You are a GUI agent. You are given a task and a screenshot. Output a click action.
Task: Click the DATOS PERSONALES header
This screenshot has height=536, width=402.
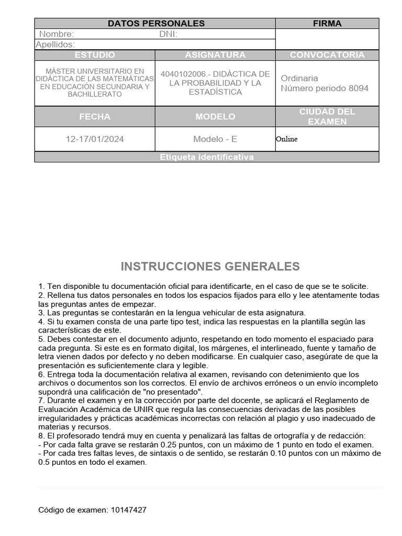click(x=156, y=24)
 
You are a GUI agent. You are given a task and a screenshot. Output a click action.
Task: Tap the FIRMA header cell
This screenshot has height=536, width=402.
click(x=327, y=24)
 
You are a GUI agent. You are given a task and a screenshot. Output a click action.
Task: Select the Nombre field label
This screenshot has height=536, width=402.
click(x=56, y=34)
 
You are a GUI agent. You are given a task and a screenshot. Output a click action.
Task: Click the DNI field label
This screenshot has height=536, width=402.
click(x=168, y=34)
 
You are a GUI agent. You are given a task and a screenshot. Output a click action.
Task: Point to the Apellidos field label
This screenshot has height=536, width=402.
click(x=55, y=44)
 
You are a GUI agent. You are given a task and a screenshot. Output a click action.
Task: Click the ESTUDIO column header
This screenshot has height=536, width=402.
click(x=95, y=55)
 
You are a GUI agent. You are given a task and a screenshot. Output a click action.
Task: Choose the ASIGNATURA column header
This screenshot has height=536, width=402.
click(x=215, y=55)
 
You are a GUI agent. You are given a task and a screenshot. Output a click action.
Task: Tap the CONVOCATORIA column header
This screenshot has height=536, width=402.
click(x=327, y=55)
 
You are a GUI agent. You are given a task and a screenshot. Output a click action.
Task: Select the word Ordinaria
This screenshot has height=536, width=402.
click(x=299, y=79)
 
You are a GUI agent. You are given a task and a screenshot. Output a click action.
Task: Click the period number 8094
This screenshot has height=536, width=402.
click(x=358, y=88)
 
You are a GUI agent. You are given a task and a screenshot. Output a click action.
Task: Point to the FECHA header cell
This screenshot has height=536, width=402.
click(x=95, y=117)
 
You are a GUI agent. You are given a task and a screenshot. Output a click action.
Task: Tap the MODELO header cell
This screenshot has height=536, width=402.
click(x=215, y=117)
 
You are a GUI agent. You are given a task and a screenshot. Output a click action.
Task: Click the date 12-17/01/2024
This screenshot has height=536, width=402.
click(x=95, y=139)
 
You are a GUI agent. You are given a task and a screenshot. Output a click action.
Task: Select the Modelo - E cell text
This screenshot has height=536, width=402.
click(x=215, y=139)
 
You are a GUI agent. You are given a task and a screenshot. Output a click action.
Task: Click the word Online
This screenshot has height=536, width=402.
click(x=286, y=139)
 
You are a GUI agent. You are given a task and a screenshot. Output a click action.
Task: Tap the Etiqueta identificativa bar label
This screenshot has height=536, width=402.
click(x=207, y=157)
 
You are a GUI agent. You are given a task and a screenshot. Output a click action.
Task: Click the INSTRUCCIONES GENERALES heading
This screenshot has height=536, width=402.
click(x=210, y=266)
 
